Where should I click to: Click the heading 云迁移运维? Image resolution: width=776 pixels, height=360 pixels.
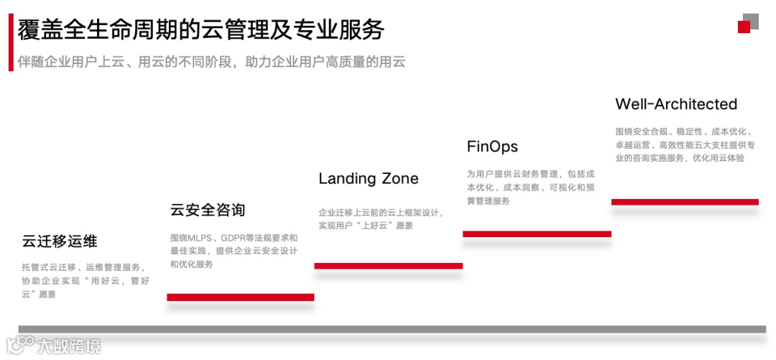click(x=60, y=241)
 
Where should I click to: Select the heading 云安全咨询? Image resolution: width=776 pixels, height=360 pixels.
click(x=208, y=210)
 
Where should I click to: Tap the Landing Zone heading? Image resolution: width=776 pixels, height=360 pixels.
click(x=368, y=178)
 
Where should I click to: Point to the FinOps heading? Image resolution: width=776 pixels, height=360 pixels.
click(x=492, y=147)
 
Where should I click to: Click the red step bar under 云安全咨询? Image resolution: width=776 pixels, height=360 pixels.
click(x=240, y=297)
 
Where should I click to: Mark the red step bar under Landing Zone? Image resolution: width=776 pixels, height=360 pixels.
click(x=388, y=266)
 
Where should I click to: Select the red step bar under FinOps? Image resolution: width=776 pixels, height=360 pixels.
click(x=537, y=234)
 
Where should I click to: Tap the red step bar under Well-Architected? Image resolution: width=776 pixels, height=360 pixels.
click(x=685, y=202)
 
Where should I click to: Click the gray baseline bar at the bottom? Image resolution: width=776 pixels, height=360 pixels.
click(x=392, y=329)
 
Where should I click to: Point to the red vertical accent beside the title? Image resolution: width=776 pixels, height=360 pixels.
click(x=11, y=42)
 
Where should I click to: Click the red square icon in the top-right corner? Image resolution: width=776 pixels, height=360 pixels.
click(x=744, y=27)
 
